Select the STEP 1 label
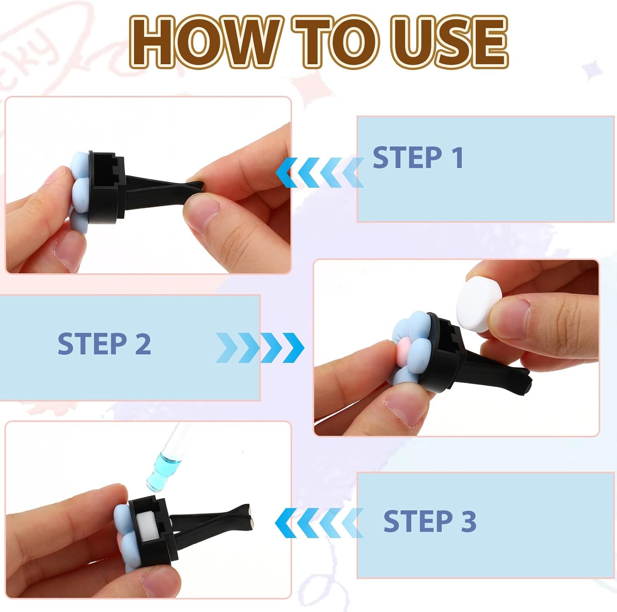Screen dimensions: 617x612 [x=418, y=157]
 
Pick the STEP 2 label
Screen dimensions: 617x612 [x=104, y=344]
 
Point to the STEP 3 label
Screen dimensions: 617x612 [x=430, y=521]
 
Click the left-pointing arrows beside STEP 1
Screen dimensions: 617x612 [x=320, y=172]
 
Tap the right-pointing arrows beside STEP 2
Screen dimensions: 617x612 [x=260, y=348]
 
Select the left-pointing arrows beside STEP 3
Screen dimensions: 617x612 [x=319, y=523]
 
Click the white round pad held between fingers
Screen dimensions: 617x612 [x=478, y=304]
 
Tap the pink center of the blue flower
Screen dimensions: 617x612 [x=404, y=348]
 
